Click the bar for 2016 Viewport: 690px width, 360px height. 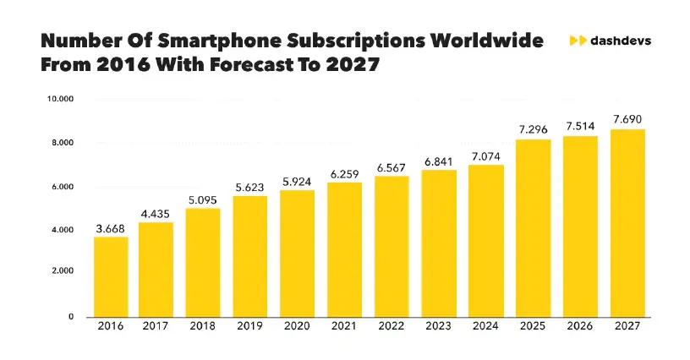(x=110, y=276)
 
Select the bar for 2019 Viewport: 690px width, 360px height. (x=249, y=256)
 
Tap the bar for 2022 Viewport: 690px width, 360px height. (x=392, y=246)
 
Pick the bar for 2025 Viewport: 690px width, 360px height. (x=533, y=228)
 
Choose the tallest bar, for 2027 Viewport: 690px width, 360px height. (x=627, y=223)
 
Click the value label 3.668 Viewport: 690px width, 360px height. (x=110, y=228)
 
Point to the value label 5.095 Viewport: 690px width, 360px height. (x=203, y=199)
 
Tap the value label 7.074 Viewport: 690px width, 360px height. (x=485, y=156)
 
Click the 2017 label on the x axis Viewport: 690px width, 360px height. (x=156, y=327)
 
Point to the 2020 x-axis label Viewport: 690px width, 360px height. (x=298, y=327)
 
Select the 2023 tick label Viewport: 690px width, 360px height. (x=439, y=327)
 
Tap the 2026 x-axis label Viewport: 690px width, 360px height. (x=580, y=327)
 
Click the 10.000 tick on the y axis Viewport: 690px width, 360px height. (x=61, y=99)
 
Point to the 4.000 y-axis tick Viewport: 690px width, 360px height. (x=63, y=229)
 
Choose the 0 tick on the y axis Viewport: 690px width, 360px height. (x=72, y=316)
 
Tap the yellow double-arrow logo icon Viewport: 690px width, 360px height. (x=578, y=41)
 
